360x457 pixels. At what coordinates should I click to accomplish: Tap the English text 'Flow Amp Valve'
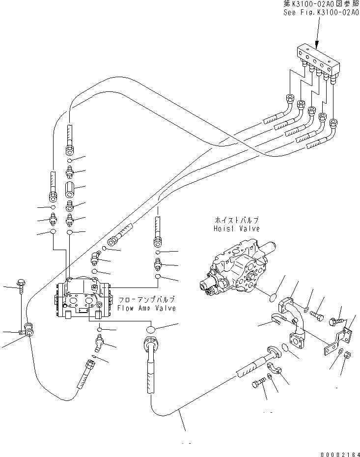146,308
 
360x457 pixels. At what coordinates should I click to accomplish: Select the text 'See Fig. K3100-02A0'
321,13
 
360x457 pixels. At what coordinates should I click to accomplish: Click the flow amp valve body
82,299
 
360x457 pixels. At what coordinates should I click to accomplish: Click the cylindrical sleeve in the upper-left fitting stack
70,189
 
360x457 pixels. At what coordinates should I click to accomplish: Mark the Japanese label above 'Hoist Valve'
236,221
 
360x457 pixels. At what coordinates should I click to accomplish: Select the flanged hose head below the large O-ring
150,343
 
